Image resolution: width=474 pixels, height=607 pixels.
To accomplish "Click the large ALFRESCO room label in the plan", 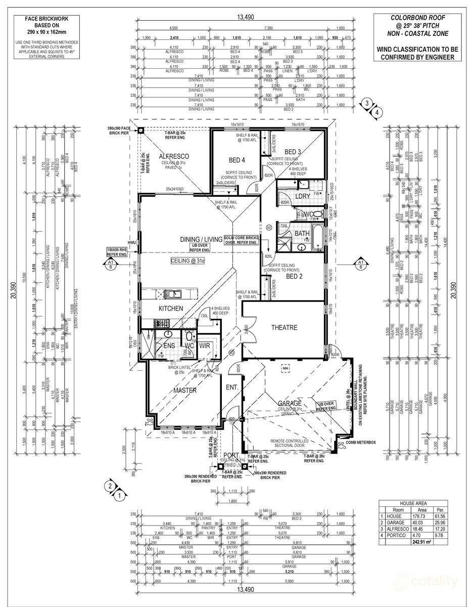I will coord(174,156).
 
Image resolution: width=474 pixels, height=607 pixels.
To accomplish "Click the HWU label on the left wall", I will coord(132,243).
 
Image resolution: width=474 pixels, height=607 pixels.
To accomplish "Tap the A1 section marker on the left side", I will coord(110,264).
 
